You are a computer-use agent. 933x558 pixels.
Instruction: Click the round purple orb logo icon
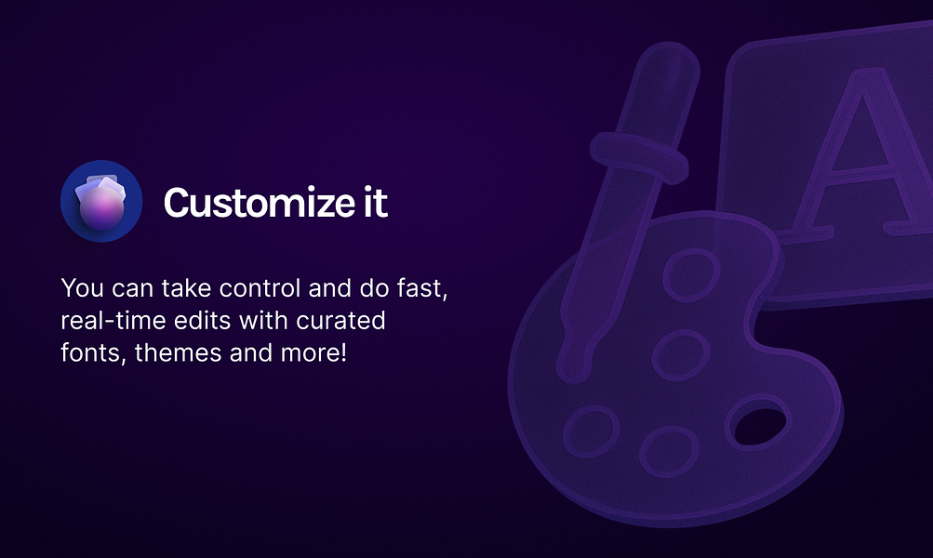point(101,201)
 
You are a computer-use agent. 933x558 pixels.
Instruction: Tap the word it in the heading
point(376,202)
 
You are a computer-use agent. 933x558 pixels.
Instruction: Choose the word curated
point(341,321)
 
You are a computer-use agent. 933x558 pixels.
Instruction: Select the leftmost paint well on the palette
point(592,432)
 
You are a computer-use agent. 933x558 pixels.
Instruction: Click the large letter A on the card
point(857,154)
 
